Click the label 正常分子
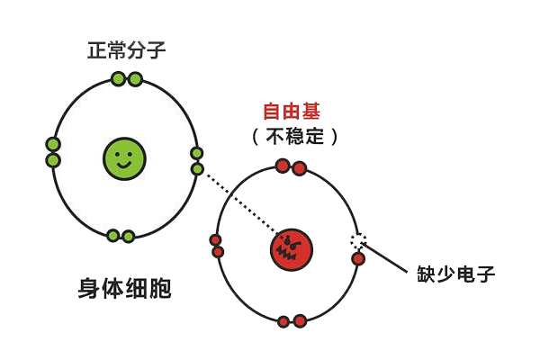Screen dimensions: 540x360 click(x=126, y=50)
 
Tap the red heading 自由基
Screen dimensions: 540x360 click(x=292, y=112)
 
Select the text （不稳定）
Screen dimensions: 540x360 click(x=295, y=137)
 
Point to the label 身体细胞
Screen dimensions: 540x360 click(x=125, y=288)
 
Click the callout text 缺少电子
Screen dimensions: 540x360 click(x=456, y=274)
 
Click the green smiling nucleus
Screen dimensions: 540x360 click(x=124, y=158)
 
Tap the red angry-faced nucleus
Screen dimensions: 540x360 click(x=292, y=250)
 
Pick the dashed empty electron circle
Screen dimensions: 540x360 click(x=358, y=240)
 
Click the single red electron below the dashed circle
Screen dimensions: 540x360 click(x=358, y=258)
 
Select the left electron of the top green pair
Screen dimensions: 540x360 click(x=118, y=79)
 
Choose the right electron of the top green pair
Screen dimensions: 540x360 click(x=135, y=79)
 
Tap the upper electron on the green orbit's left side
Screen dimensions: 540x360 click(x=53, y=144)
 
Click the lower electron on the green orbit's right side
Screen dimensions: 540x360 click(x=197, y=169)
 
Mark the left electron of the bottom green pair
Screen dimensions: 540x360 click(x=113, y=236)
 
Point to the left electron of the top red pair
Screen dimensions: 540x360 click(x=283, y=166)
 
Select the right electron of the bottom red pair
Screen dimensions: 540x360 click(x=300, y=321)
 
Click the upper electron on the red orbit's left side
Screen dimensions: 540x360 click(x=216, y=239)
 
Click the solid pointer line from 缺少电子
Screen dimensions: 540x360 click(x=384, y=257)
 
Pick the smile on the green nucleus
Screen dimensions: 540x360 click(x=124, y=165)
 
